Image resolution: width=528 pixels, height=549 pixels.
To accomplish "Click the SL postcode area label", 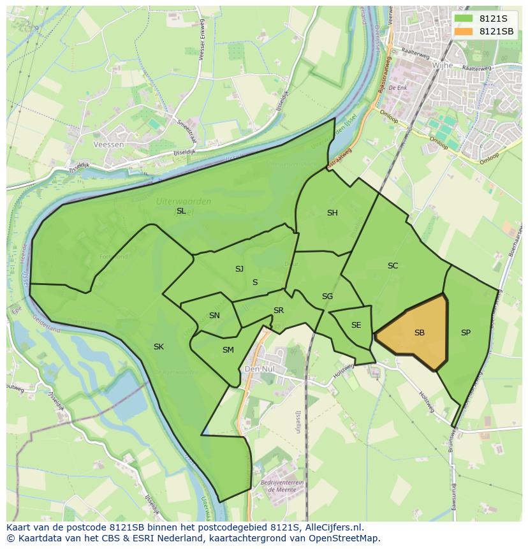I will click(181, 211).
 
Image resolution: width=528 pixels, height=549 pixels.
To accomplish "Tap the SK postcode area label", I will click(159, 347).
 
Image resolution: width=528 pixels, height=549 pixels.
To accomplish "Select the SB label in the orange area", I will click(420, 333).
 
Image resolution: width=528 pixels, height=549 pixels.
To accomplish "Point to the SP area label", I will click(466, 333).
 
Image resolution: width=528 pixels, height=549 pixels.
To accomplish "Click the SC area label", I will click(393, 266).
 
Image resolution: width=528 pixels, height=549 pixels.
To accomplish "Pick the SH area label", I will click(332, 213).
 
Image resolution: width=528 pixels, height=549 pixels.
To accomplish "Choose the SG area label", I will click(327, 296).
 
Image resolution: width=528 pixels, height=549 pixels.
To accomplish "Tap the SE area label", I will click(356, 325).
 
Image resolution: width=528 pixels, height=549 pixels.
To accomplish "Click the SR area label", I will click(279, 311).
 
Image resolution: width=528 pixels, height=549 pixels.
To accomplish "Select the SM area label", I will click(228, 350).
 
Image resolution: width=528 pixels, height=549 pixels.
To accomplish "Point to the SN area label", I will click(214, 316).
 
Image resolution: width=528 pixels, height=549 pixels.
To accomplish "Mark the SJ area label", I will click(239, 269).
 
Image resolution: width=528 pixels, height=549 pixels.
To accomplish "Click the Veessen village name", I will click(108, 145).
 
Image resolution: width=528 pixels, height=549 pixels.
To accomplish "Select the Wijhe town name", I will click(442, 65).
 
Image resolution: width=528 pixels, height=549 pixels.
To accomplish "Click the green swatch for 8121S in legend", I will click(464, 18).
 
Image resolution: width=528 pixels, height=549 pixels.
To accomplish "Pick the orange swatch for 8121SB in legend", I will click(464, 31).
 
